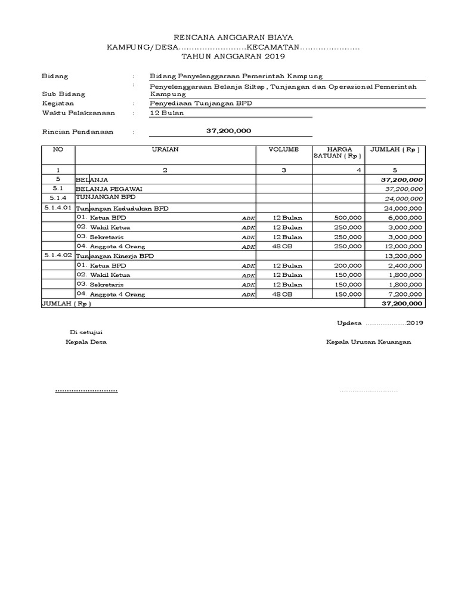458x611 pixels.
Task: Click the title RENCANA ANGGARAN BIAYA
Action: coord(233,37)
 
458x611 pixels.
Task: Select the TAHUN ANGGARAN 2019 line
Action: coord(233,56)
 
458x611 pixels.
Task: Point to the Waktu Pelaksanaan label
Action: coord(78,113)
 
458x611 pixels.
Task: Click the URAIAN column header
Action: coord(166,149)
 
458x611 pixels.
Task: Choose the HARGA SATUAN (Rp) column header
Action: coord(338,153)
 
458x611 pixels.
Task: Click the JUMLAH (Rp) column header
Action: coord(395,149)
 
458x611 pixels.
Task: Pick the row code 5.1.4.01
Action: coord(58,208)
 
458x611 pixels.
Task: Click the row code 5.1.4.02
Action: coord(58,255)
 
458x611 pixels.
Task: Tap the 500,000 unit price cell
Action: coord(348,218)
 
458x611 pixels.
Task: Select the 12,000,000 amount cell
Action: coord(403,246)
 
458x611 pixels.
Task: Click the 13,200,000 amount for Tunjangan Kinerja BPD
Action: coord(403,256)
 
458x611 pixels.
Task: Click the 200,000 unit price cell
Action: coord(348,266)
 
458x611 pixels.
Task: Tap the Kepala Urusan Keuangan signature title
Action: coord(368,342)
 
